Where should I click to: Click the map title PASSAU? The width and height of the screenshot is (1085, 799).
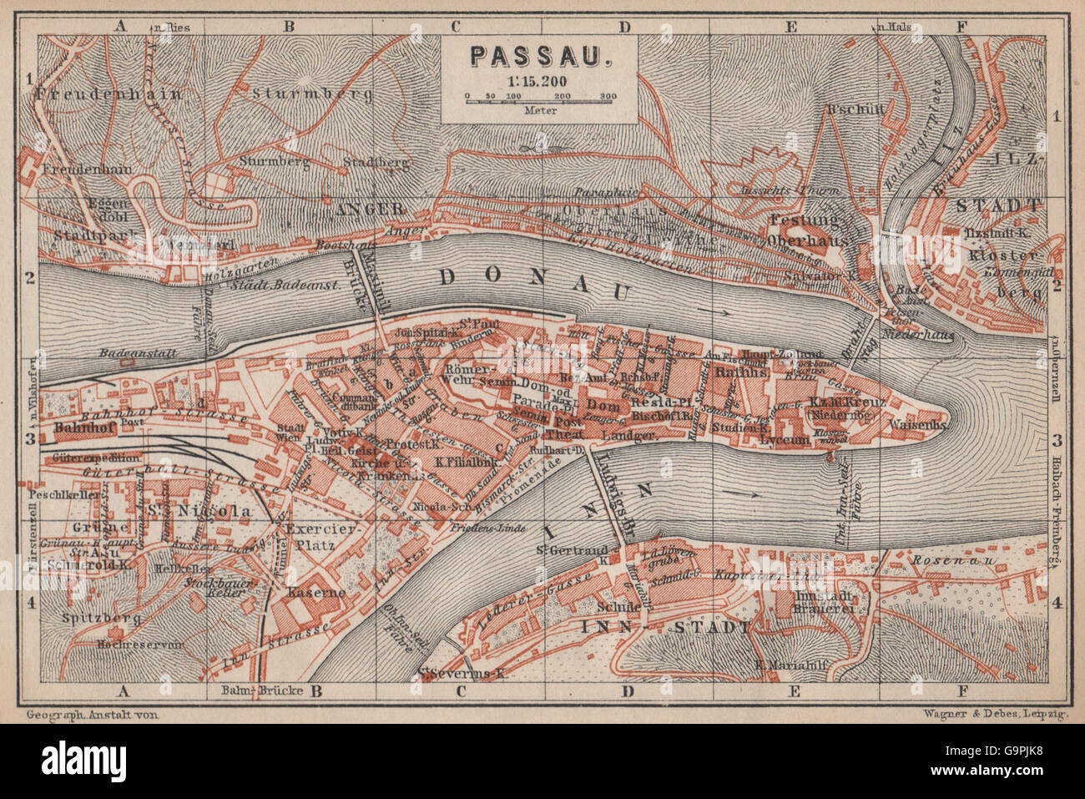pyautogui.click(x=540, y=55)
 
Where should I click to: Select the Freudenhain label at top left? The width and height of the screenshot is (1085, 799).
pyautogui.click(x=108, y=94)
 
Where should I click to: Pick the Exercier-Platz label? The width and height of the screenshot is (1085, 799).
pyautogui.click(x=321, y=537)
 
